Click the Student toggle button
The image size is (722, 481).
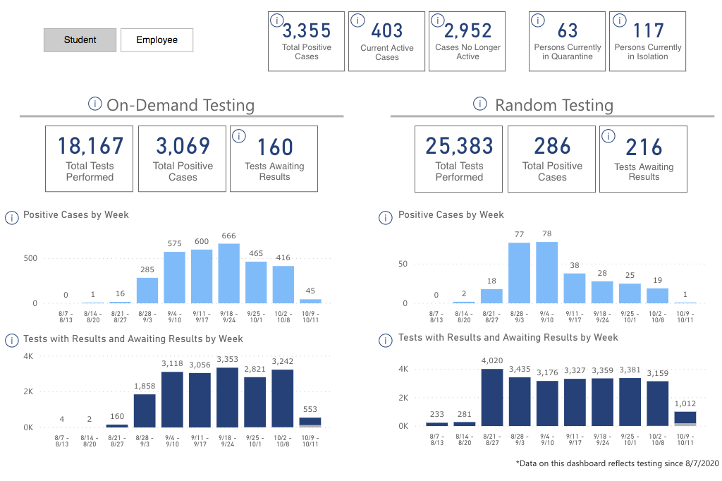click(x=80, y=40)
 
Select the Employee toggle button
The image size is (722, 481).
click(x=157, y=40)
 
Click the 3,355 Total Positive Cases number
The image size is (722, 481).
click(x=307, y=31)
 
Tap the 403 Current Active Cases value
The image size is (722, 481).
click(x=387, y=31)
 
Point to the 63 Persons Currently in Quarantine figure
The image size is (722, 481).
click(x=568, y=31)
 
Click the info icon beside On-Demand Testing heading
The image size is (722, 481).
click(x=95, y=104)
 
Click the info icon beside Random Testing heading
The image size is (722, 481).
click(x=480, y=104)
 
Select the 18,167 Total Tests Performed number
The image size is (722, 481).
click(x=90, y=146)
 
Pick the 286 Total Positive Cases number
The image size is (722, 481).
click(x=552, y=146)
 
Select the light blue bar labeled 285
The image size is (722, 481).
click(x=147, y=291)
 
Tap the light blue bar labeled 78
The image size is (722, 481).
click(x=546, y=273)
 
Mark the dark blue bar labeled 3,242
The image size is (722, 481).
click(x=283, y=398)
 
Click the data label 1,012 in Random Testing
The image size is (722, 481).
click(x=684, y=403)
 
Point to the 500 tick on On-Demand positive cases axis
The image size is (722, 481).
click(x=30, y=258)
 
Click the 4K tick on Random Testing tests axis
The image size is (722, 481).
click(x=404, y=369)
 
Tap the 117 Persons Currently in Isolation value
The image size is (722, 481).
click(x=648, y=31)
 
